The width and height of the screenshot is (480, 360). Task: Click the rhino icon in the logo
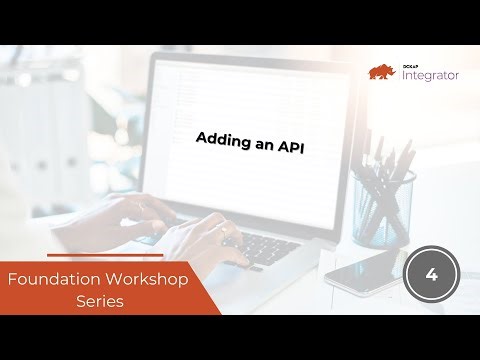pyautogui.click(x=382, y=71)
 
